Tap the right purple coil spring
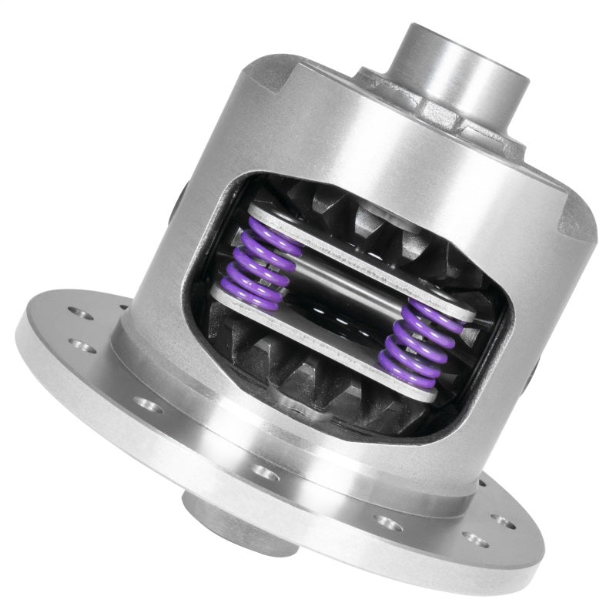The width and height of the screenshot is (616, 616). (416, 339)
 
